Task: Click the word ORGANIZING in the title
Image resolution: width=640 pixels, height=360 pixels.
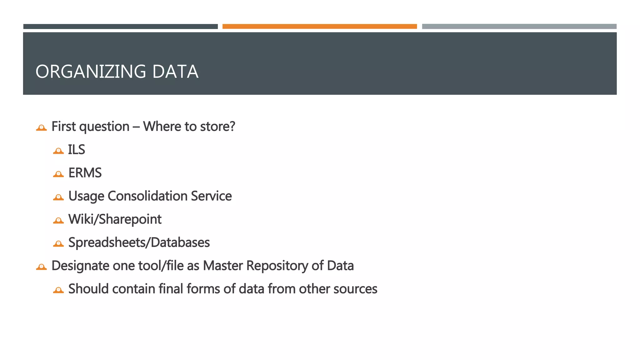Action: point(91,72)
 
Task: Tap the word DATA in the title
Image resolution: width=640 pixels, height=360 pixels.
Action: point(175,72)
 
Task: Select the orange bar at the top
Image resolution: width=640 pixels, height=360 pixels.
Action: point(319,27)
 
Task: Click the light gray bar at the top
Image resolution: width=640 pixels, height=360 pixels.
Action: point(519,27)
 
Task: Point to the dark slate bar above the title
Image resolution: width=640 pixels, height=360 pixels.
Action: point(120,27)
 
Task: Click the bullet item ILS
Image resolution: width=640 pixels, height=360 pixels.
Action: point(77,150)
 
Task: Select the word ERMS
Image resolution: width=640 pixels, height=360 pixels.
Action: point(85,173)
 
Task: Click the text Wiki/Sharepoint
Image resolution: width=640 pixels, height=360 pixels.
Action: point(115,219)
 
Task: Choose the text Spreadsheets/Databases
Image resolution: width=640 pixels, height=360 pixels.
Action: point(139,242)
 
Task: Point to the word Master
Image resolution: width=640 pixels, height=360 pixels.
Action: point(223,266)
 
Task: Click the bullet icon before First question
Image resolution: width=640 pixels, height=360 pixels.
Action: point(41,127)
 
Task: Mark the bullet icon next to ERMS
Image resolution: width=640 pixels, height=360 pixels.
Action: point(58,174)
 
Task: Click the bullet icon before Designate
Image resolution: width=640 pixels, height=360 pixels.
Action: point(41,267)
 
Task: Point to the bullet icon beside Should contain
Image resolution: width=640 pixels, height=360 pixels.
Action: point(58,290)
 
